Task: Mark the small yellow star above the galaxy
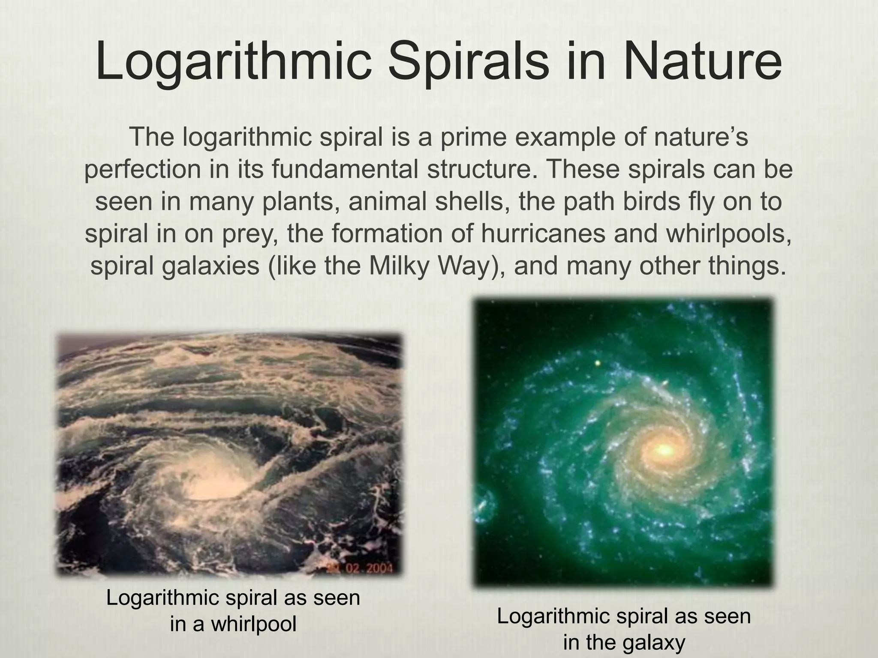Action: click(598, 363)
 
